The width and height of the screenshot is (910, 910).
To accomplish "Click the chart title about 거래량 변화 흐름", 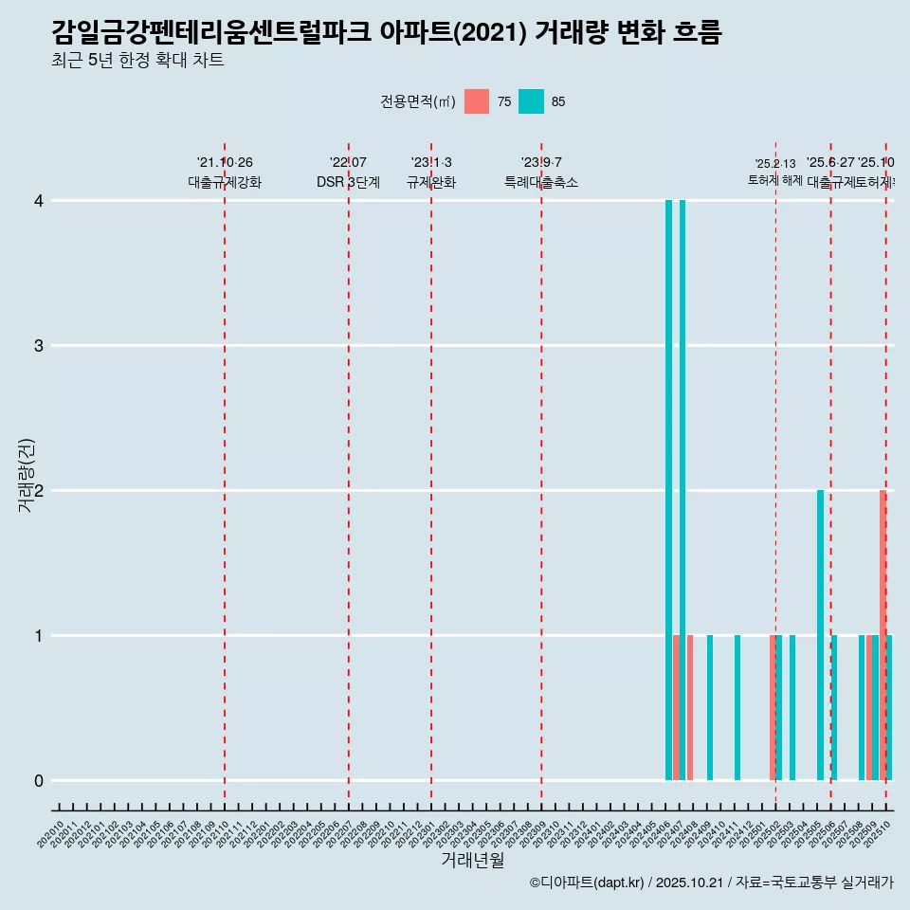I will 387,33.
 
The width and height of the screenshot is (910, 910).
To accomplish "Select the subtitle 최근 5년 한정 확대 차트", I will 137,61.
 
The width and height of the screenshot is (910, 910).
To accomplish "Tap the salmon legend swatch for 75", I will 477,101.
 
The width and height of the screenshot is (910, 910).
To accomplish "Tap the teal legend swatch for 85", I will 532,101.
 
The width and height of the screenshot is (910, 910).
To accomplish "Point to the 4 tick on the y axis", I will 39,201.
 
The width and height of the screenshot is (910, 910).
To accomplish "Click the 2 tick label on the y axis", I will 39,491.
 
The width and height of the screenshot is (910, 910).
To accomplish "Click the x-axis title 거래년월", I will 472,860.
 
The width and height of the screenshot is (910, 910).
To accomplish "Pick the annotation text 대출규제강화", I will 225,182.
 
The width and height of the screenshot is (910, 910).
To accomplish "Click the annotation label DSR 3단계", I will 349,182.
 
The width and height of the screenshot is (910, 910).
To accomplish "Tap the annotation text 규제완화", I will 431,182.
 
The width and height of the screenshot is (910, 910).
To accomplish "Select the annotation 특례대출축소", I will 541,182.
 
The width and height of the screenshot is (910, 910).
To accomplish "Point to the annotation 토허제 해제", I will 775,180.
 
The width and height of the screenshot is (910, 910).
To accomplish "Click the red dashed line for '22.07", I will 349,474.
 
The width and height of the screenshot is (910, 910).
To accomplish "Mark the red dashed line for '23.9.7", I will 541,474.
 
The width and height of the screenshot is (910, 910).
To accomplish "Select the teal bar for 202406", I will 668,490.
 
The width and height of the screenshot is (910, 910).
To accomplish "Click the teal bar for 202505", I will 820,635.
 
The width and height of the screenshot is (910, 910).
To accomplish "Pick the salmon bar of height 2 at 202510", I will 883,635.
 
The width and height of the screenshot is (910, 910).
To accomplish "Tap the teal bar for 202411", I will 737,707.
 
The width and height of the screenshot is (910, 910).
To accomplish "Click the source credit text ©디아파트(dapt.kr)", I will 587,883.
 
